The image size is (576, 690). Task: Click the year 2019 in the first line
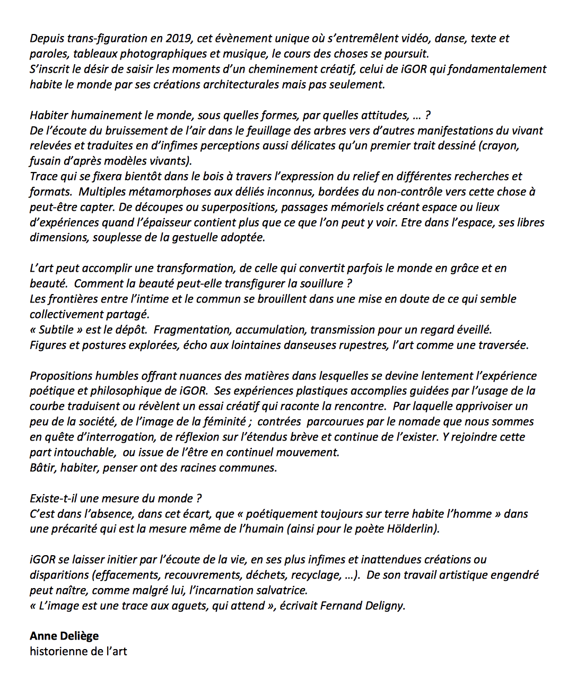(179, 38)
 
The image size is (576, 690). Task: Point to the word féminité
(222, 422)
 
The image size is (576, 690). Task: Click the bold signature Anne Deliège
(64, 636)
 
